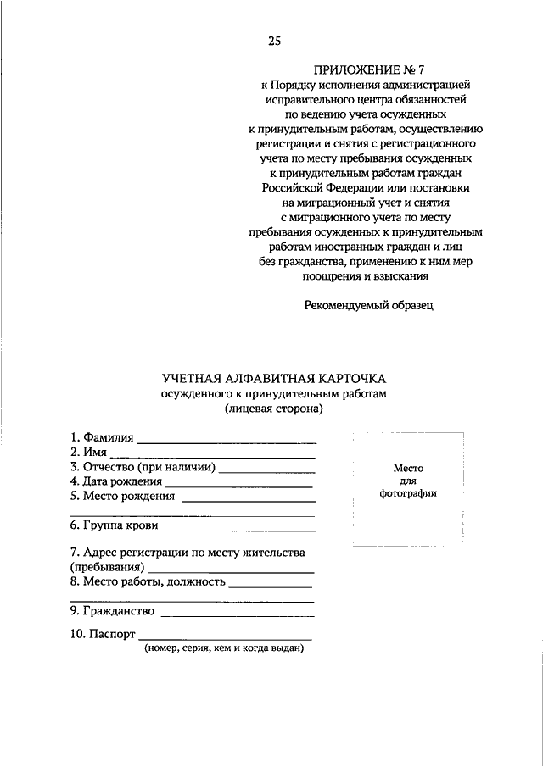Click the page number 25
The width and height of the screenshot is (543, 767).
coord(273,41)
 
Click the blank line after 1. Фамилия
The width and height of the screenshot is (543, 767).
coord(227,441)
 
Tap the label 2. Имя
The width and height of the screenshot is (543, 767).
coord(88,453)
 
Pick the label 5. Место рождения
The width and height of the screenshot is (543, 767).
coord(122,497)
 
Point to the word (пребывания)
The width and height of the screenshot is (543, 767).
coord(107,567)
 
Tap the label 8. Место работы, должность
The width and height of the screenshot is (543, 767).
coord(148,582)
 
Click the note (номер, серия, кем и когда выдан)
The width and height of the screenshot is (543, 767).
coord(224,648)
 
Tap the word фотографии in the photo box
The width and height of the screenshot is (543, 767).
coord(408,494)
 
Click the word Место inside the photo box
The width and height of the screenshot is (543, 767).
coord(408,468)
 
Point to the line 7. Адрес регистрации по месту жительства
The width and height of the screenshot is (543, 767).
coord(188,553)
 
